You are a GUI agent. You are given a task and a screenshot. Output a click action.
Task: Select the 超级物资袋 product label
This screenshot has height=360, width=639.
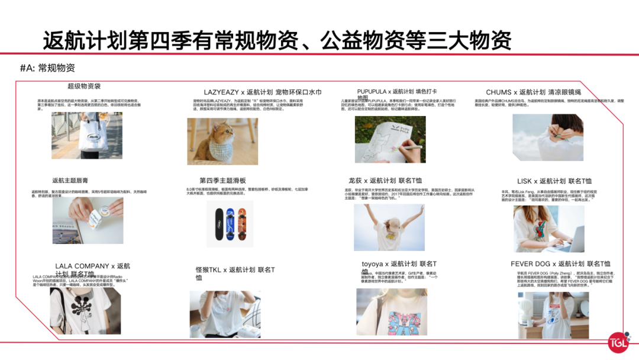[84, 86]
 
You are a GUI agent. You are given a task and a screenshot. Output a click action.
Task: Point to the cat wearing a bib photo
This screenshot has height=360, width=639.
[222, 141]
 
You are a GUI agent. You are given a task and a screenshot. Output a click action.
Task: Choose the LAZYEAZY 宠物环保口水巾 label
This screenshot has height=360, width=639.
[262, 92]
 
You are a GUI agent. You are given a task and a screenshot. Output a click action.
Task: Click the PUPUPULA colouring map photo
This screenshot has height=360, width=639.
[390, 139]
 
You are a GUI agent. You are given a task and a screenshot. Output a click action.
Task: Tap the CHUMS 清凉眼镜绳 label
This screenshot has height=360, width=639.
[533, 92]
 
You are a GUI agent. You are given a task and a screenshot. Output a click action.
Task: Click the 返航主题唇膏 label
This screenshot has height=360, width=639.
[70, 181]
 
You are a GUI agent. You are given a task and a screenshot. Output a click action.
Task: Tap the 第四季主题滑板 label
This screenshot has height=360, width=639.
[222, 181]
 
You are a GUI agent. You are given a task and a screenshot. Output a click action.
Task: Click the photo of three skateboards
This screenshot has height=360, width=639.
[230, 224]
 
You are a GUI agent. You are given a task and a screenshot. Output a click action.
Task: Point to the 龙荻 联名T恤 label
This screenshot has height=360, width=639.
[385, 181]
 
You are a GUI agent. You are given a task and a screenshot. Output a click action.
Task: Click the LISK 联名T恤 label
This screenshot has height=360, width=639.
[554, 181]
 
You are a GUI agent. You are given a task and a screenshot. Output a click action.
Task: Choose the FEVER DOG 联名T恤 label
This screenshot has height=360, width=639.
[560, 264]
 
